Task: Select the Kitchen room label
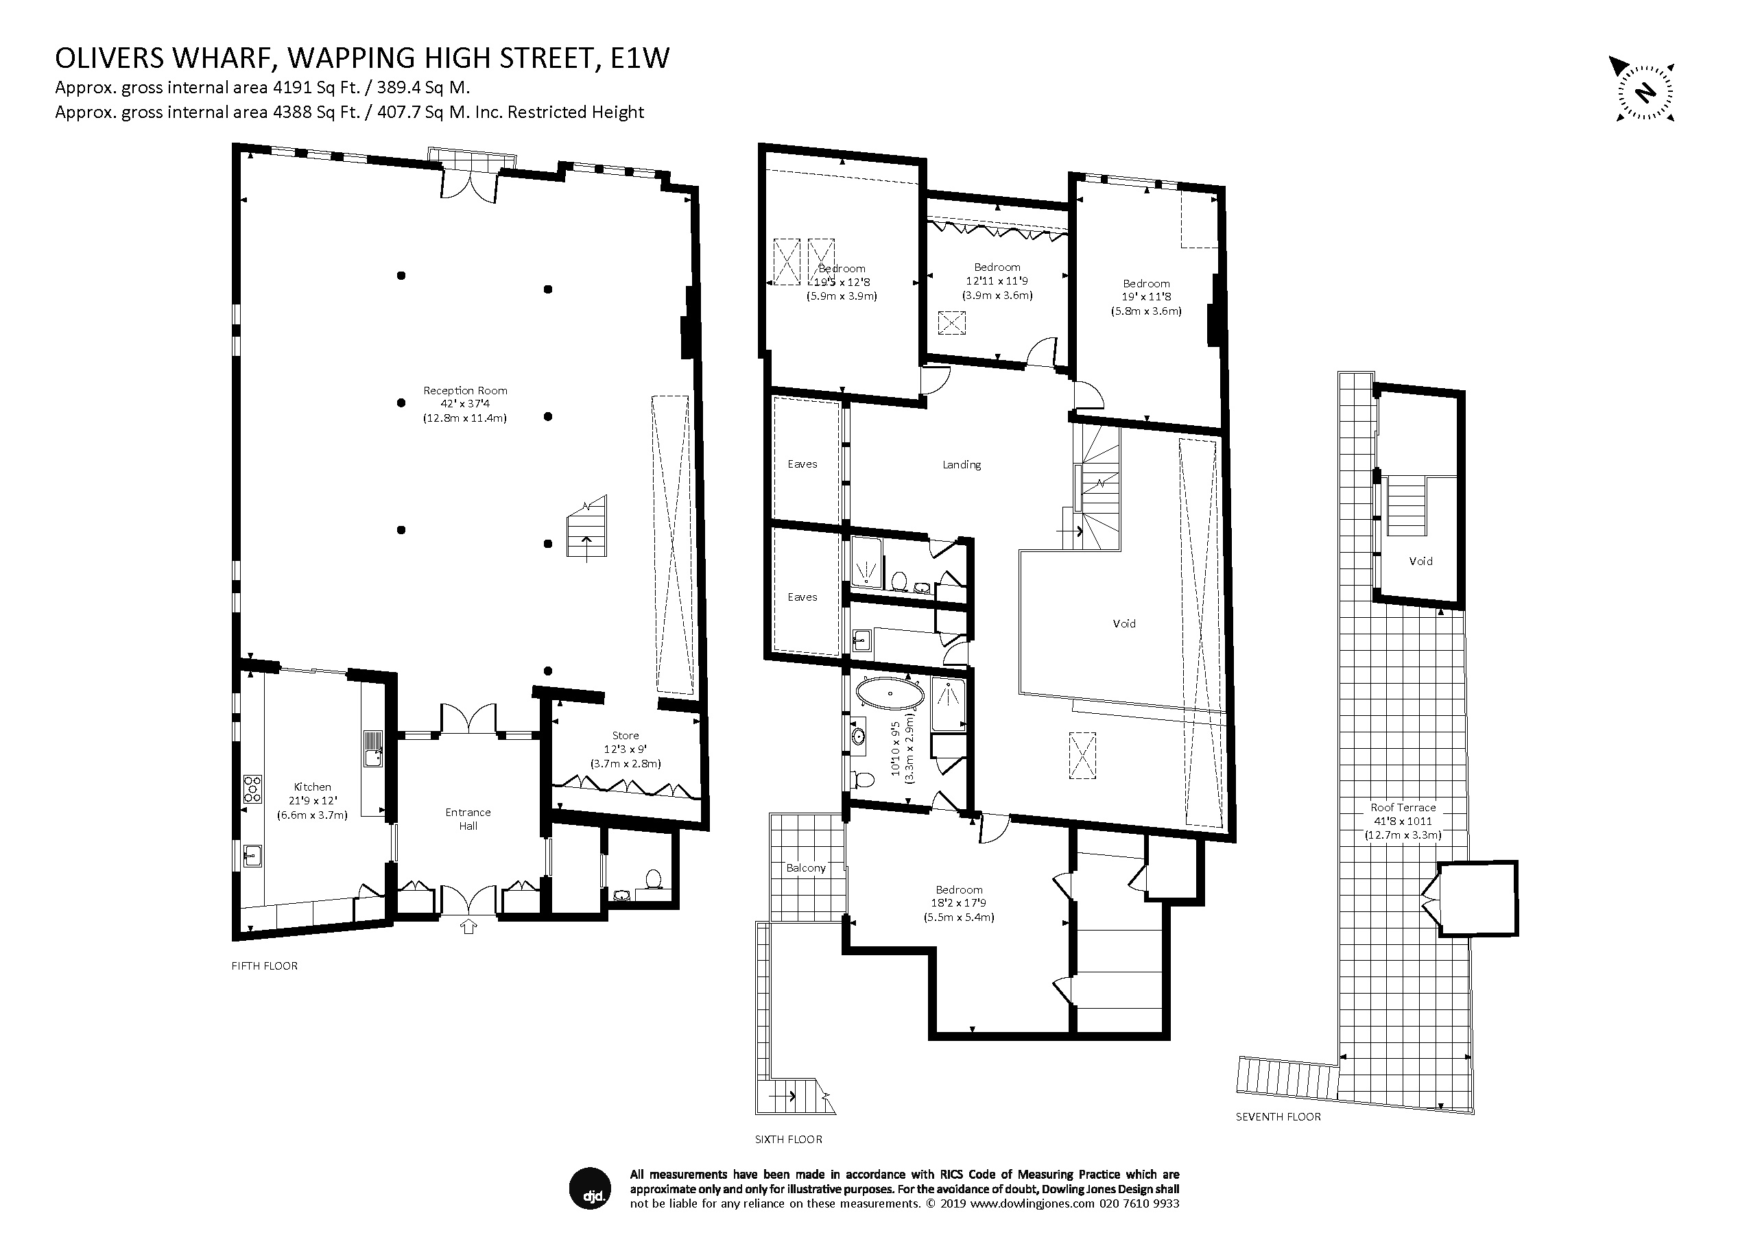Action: pos(312,787)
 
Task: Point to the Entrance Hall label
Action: pos(468,819)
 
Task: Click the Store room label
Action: pos(626,736)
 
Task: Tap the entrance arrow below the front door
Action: pos(468,926)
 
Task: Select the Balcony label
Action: pos(806,868)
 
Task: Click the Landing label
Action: pos(962,464)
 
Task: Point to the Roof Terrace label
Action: pos(1403,808)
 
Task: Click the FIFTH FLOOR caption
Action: pos(264,966)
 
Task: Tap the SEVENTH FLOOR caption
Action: pos(1278,1117)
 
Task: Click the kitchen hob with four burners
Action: pos(253,789)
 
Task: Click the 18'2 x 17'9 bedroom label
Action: pos(959,903)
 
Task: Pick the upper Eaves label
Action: pos(802,464)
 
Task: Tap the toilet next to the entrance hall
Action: pos(653,879)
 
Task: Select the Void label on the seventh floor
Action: pos(1420,561)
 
